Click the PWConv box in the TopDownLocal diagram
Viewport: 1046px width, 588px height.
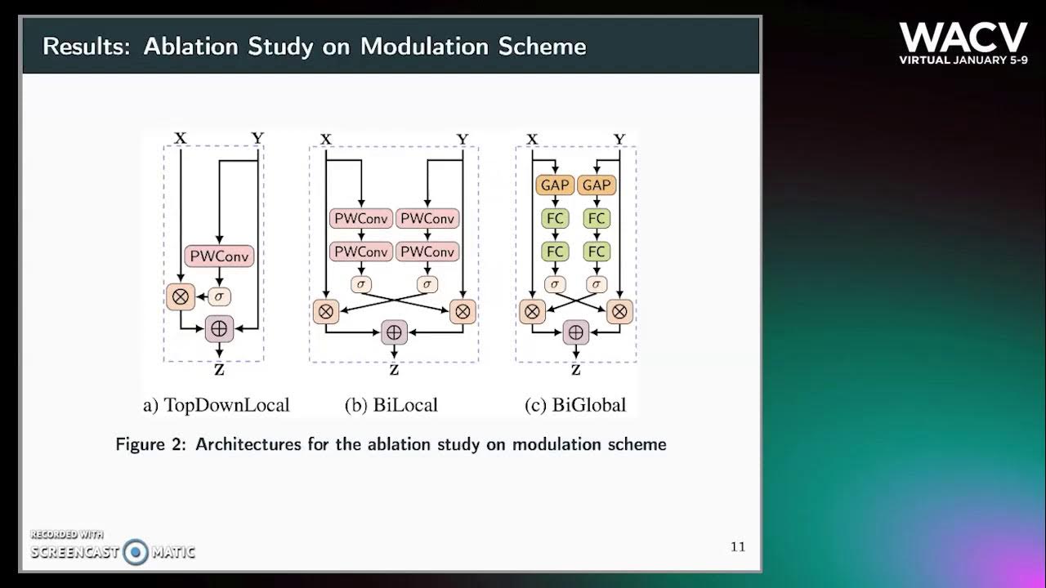[220, 256]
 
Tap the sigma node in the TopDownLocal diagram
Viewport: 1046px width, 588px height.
[220, 296]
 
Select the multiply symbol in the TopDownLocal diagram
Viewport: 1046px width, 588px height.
[181, 296]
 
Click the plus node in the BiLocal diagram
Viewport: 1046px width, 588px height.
[394, 332]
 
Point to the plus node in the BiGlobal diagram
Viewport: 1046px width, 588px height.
[576, 332]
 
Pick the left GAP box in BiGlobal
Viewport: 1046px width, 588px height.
[555, 185]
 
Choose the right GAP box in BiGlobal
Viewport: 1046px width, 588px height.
[597, 185]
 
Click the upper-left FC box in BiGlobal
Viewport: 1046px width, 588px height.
[555, 219]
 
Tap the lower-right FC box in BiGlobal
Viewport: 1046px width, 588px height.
[597, 252]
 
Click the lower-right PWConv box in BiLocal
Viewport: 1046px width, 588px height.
[427, 252]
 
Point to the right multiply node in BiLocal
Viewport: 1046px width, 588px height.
[463, 310]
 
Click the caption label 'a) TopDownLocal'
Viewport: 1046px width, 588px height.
[216, 405]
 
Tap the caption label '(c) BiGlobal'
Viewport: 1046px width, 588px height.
[575, 405]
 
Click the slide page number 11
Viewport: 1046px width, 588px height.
[737, 546]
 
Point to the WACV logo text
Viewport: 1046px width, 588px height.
[963, 38]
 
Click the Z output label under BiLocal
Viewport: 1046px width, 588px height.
[394, 370]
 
